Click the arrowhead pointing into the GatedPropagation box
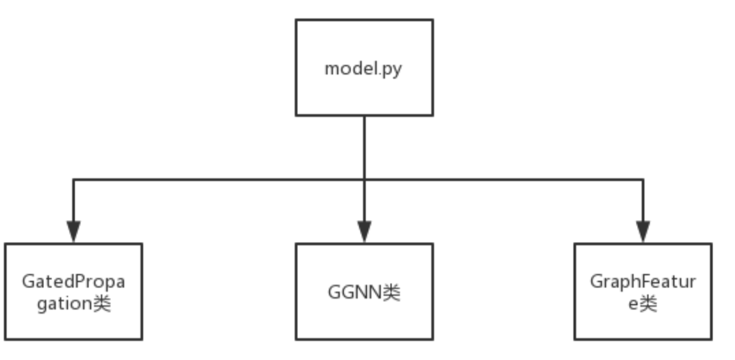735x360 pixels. click(x=73, y=231)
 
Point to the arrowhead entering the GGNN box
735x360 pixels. click(x=364, y=231)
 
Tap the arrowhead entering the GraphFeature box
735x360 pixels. click(x=643, y=231)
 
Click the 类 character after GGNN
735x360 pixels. click(x=391, y=292)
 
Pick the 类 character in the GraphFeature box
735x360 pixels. click(x=648, y=304)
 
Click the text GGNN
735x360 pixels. click(x=355, y=292)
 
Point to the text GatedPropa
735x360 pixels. click(x=73, y=282)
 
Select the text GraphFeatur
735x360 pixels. click(x=643, y=282)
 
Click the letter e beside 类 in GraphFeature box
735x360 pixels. click(x=633, y=305)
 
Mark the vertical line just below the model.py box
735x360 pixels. click(x=364, y=147)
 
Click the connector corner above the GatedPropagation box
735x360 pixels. click(x=73, y=179)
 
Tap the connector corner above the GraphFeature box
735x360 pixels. click(x=643, y=179)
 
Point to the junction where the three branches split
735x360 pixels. click(x=364, y=179)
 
